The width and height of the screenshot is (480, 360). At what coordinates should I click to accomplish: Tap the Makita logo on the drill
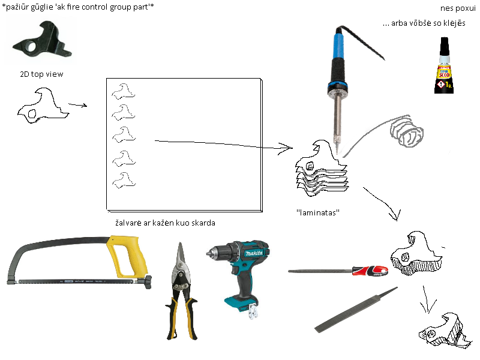pyautogui.click(x=254, y=253)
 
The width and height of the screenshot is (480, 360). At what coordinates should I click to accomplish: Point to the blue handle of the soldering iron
pyautogui.click(x=338, y=47)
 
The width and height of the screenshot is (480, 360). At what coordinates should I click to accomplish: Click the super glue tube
pyautogui.click(x=444, y=65)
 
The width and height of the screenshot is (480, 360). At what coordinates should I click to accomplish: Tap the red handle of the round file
pyautogui.click(x=370, y=271)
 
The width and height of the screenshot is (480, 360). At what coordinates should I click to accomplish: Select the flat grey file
pyautogui.click(x=356, y=310)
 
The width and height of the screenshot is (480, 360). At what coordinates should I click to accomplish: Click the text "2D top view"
pyautogui.click(x=41, y=74)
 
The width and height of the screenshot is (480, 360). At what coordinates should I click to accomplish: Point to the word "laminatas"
pyautogui.click(x=318, y=212)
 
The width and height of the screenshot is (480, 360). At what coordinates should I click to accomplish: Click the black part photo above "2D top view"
pyautogui.click(x=41, y=40)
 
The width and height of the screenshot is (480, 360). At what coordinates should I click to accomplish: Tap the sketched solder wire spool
pyautogui.click(x=407, y=131)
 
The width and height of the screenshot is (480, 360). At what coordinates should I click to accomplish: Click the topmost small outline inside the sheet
pyautogui.click(x=124, y=92)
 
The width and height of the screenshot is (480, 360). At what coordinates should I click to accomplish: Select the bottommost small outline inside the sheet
pyautogui.click(x=124, y=180)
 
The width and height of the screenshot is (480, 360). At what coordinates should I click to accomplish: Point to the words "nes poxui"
pyautogui.click(x=458, y=8)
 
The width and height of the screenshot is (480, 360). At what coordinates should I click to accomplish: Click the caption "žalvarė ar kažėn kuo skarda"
pyautogui.click(x=166, y=223)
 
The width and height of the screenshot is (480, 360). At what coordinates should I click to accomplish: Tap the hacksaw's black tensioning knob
pyautogui.click(x=148, y=282)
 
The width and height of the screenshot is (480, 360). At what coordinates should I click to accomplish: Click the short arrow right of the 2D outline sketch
pyautogui.click(x=78, y=105)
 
